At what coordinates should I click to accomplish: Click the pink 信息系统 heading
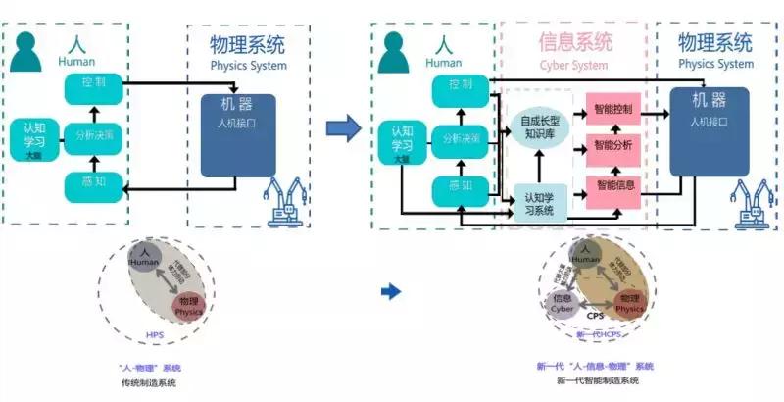[x=575, y=42]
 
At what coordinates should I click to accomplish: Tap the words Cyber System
[x=574, y=66]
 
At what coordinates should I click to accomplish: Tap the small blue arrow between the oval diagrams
[x=390, y=291]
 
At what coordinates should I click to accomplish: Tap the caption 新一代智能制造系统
[x=597, y=380]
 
